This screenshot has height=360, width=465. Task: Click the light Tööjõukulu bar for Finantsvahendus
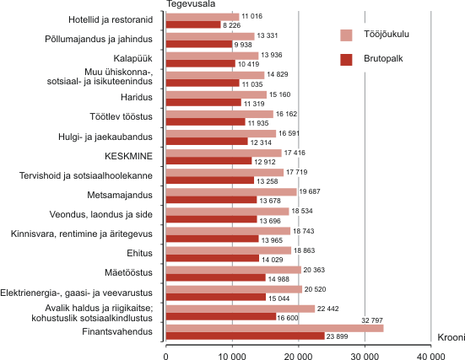274,328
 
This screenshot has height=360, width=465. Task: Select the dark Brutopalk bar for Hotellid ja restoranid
193,24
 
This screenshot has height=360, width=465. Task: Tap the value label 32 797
372,320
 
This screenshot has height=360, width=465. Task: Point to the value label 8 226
232,25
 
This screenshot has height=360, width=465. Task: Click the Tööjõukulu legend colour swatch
346,35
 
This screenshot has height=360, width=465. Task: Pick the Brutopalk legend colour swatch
346,60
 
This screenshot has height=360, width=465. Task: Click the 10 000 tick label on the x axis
232,356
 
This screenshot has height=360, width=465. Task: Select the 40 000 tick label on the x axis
431,356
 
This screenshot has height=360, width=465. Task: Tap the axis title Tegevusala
191,4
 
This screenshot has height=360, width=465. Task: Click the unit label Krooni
451,337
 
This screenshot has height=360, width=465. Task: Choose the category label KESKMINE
128,156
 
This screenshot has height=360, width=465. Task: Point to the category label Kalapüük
132,58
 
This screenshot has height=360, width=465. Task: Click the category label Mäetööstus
128,272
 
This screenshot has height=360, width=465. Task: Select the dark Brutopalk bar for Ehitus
213,258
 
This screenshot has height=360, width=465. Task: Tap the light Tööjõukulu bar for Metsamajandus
231,192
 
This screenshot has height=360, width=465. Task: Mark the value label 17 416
295,153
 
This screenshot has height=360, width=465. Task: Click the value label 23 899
338,336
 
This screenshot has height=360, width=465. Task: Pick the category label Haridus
137,97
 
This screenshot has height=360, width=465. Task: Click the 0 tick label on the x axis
165,356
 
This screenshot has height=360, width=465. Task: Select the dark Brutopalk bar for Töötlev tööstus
206,122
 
